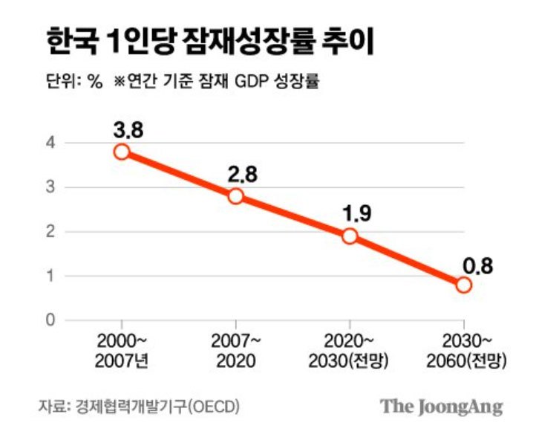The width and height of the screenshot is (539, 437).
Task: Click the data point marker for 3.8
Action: tap(122, 152)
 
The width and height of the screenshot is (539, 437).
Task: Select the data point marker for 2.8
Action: tap(236, 196)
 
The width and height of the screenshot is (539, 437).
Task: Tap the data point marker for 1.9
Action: tap(350, 236)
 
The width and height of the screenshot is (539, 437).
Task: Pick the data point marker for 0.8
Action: tap(463, 285)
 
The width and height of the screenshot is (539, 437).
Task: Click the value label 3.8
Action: tap(127, 129)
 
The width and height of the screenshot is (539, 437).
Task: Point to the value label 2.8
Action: tap(241, 174)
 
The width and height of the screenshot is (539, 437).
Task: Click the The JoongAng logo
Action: tap(442, 407)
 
